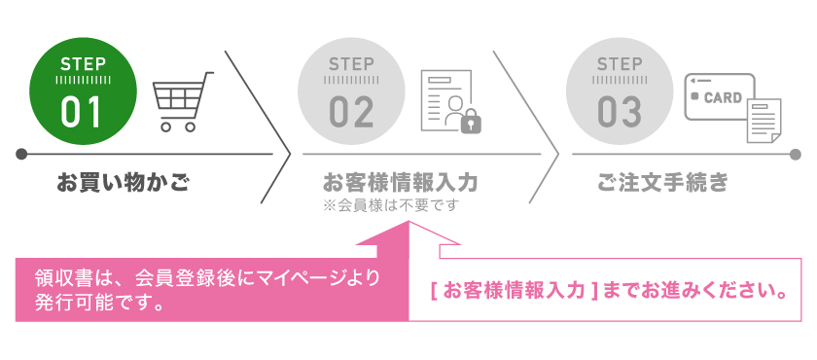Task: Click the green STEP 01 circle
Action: pos(82,91)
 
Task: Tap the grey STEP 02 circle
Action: pos(351,91)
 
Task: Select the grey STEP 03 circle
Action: pos(620,91)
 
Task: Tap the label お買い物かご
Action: pos(123,182)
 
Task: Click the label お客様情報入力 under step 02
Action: pos(400,182)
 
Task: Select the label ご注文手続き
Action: pos(662,182)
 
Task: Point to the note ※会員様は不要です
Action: pos(390,205)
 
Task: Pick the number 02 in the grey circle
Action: pos(351,111)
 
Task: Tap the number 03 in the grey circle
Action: pos(620,111)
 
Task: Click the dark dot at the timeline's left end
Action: pos(20,154)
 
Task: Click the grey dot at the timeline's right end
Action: pos(795,154)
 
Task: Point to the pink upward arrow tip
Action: pos(409,225)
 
